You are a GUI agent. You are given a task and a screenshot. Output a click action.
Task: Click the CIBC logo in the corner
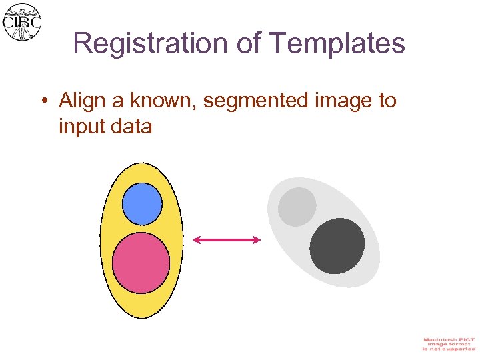(x=23, y=21)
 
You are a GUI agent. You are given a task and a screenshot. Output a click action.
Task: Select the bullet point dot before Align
(x=43, y=101)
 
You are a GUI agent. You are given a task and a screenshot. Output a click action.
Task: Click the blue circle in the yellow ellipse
(x=142, y=203)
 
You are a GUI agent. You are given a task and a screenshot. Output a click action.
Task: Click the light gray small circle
(x=297, y=207)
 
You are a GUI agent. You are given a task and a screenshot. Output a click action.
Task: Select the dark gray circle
(x=337, y=246)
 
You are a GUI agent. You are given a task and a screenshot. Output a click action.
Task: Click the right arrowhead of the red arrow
(x=257, y=240)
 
